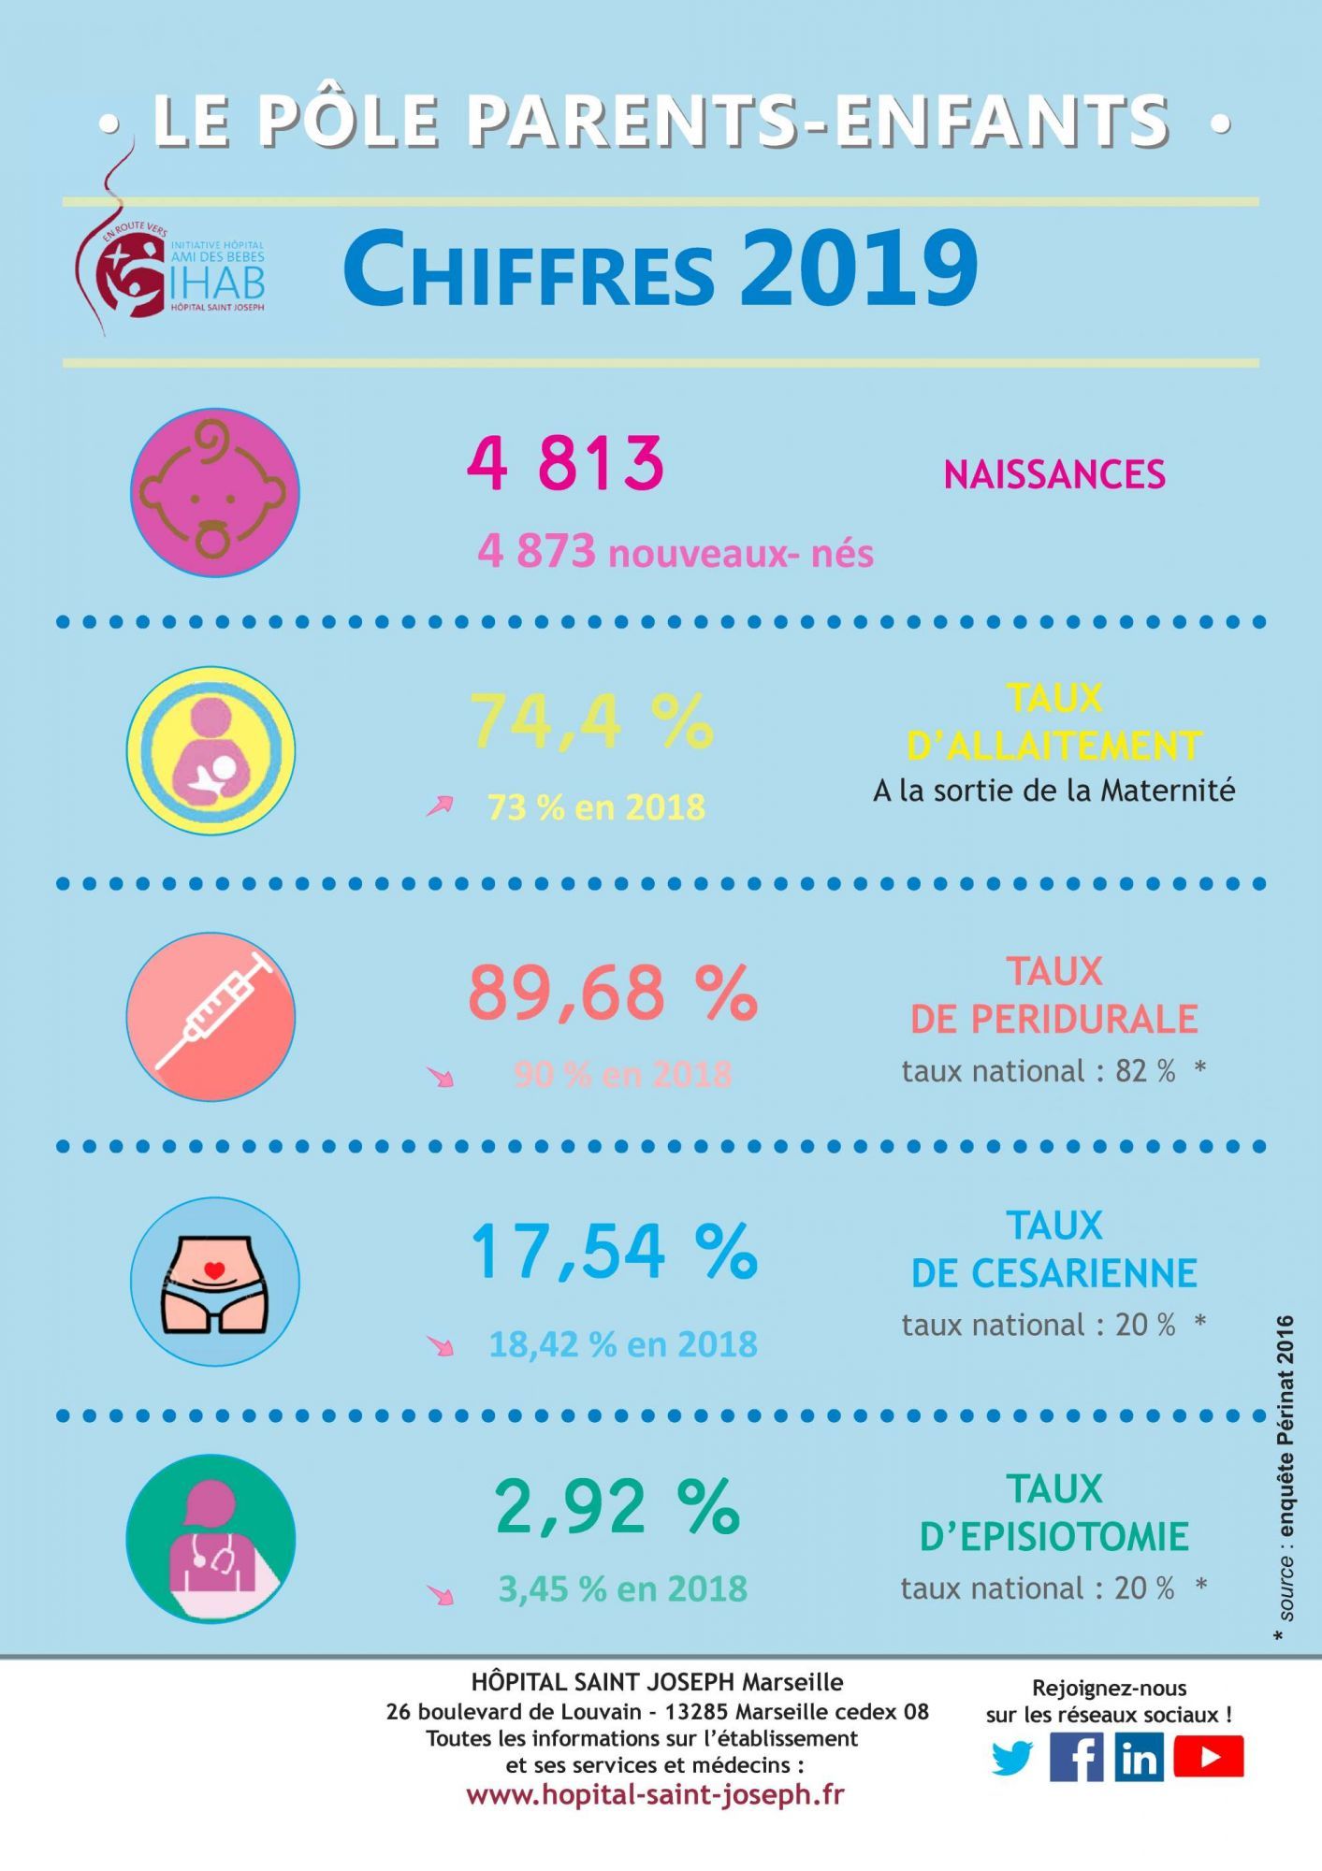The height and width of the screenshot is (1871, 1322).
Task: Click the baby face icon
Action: (x=214, y=492)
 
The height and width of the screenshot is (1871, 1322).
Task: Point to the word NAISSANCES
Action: (x=1054, y=474)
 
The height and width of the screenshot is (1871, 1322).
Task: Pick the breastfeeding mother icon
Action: (x=211, y=750)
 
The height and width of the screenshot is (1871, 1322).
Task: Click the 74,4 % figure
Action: (x=591, y=721)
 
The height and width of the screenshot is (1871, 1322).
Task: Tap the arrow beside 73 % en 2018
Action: (x=440, y=805)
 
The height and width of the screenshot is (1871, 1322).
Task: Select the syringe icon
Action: (x=211, y=1016)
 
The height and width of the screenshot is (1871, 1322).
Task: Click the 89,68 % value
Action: (x=613, y=993)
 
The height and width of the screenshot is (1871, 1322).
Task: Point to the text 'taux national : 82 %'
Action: (x=1039, y=1071)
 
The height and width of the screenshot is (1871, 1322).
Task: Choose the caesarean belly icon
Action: (x=214, y=1281)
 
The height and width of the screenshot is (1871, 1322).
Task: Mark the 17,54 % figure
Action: (x=613, y=1251)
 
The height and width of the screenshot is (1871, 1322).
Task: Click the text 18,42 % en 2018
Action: (x=623, y=1344)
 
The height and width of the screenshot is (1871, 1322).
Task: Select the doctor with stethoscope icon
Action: (x=211, y=1539)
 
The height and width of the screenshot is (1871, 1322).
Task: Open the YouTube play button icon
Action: (x=1208, y=1758)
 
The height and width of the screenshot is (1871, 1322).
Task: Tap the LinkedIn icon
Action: (x=1139, y=1758)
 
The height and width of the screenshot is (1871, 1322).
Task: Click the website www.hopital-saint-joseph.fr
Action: (x=655, y=1795)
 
